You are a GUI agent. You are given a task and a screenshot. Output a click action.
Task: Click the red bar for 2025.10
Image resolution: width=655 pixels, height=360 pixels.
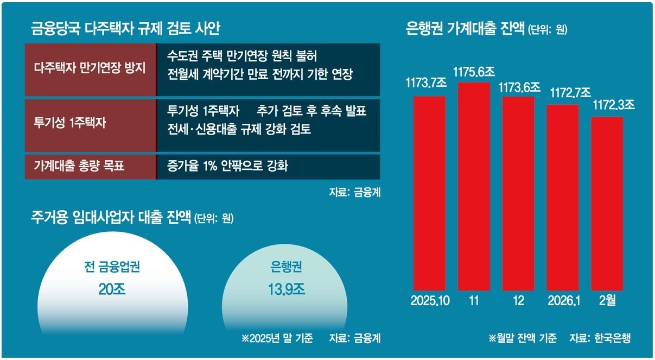[x=429, y=193]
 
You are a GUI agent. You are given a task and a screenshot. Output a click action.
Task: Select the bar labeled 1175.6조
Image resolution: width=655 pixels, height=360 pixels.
[x=474, y=186]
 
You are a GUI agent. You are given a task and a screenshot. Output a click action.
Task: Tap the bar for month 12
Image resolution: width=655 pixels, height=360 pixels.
[x=518, y=193]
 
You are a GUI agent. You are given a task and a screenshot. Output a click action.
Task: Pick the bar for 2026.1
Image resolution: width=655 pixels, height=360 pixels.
[x=563, y=197]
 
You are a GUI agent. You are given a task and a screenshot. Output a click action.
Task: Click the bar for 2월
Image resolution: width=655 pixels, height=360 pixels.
[x=607, y=203]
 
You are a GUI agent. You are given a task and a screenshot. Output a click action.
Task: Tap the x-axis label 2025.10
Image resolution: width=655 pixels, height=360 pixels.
[x=430, y=301]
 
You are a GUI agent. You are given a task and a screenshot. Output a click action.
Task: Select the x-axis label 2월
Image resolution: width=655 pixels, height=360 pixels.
[x=607, y=301]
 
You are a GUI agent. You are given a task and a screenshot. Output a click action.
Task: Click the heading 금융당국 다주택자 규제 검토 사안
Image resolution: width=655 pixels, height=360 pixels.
[x=125, y=29]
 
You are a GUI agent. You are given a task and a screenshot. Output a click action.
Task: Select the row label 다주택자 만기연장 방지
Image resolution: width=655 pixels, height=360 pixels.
[x=90, y=69]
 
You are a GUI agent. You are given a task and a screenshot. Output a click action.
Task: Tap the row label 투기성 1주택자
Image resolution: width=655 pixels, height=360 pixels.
[x=70, y=122]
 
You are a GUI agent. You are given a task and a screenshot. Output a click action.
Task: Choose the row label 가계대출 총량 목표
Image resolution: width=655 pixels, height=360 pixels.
[x=79, y=166]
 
